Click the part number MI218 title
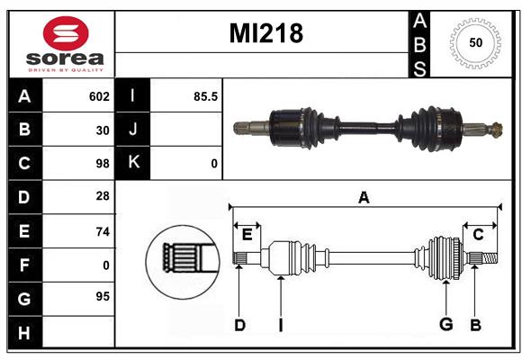(265, 33)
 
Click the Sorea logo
(66, 44)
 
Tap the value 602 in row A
(99, 96)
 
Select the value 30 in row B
(103, 130)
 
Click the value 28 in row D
(103, 197)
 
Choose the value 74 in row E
(103, 231)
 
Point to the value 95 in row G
(103, 296)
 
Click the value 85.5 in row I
(206, 96)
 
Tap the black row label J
(133, 130)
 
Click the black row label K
(133, 163)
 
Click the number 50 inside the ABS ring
(474, 43)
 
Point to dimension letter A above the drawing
(364, 198)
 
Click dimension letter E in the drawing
(247, 235)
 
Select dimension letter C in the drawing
(478, 235)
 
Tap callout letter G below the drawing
(445, 325)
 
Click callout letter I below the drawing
(280, 325)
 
